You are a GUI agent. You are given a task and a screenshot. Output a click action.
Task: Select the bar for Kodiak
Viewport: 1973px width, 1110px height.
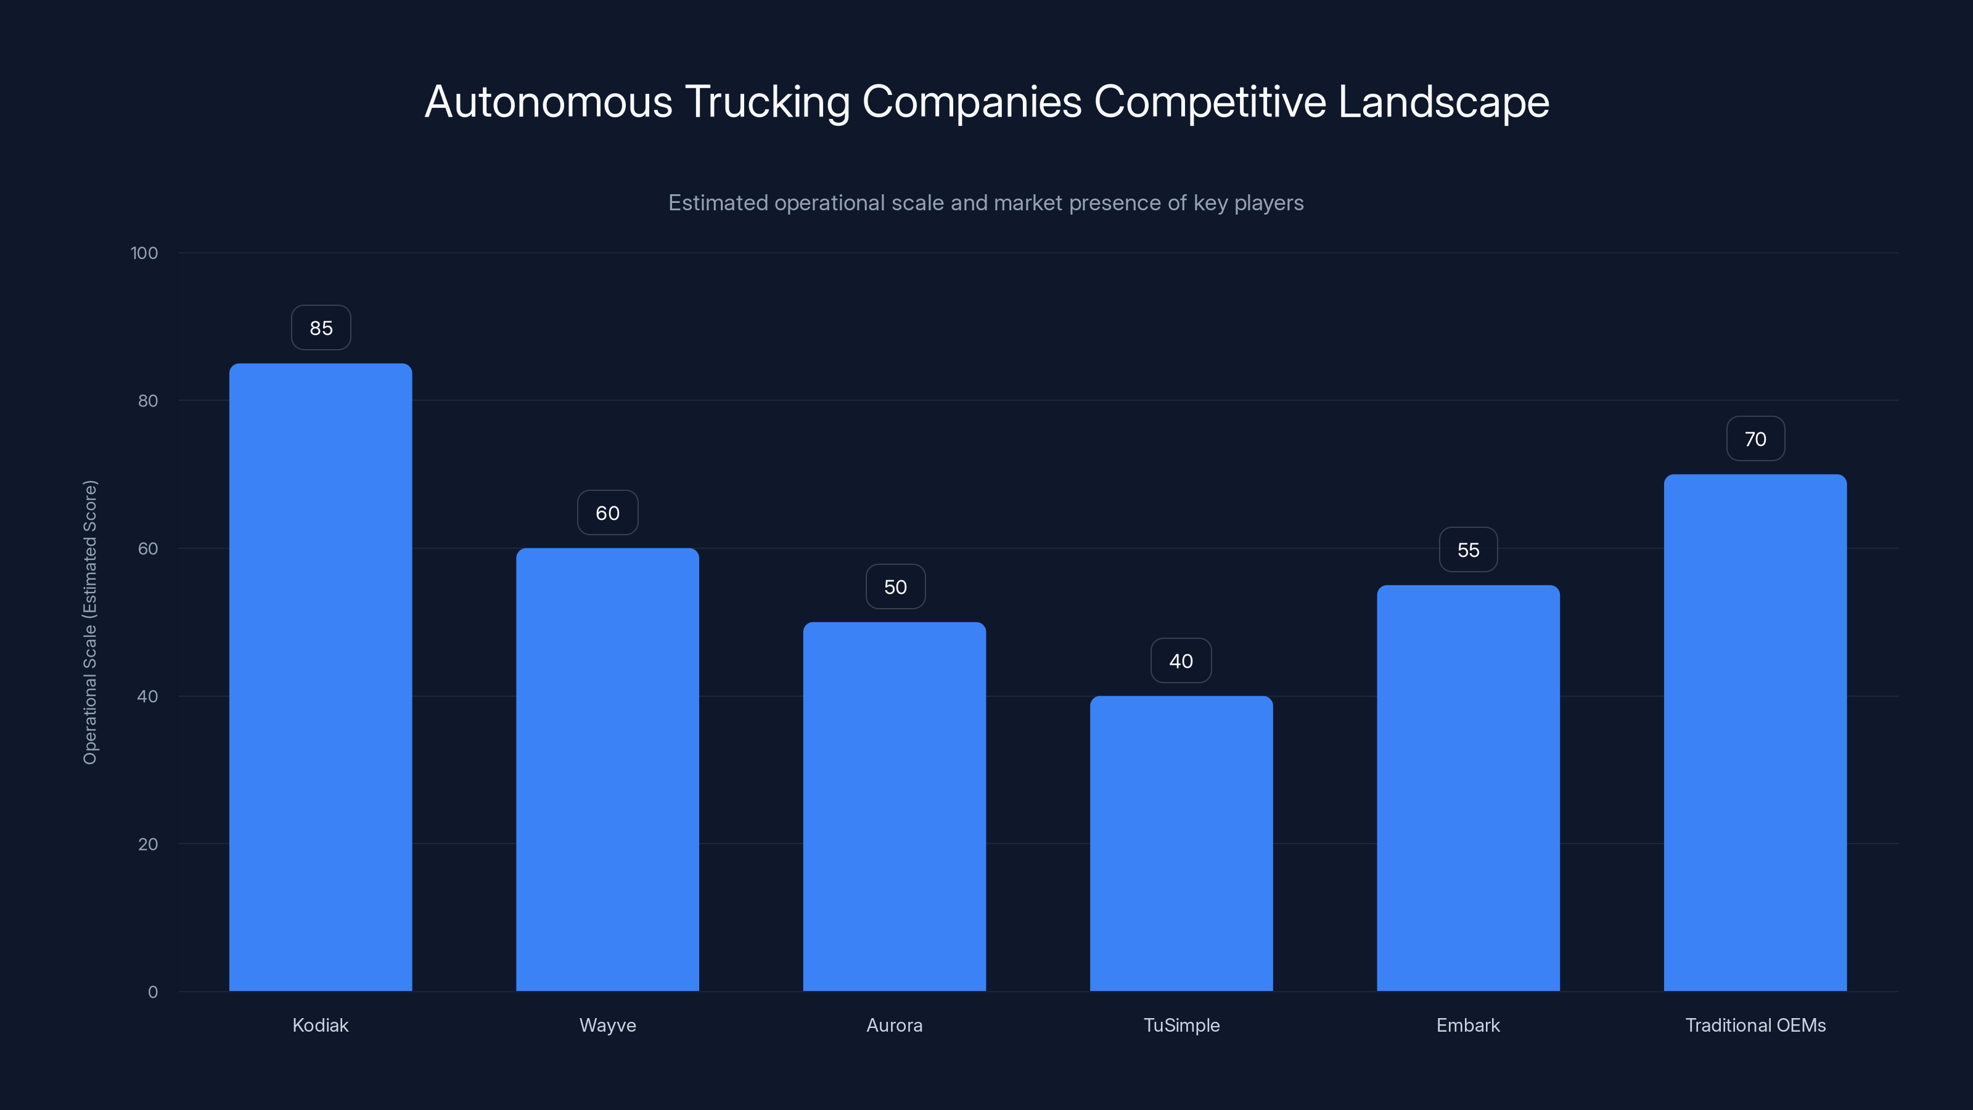coord(320,677)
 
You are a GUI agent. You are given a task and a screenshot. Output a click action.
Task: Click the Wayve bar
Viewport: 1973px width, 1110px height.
coord(607,769)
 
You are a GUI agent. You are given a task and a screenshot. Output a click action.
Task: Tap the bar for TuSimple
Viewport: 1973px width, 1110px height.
coord(1181,842)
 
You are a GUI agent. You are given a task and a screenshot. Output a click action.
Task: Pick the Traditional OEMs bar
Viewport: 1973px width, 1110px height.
coord(1755,733)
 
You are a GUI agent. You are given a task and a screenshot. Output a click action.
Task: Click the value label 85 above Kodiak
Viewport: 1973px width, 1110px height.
coord(321,328)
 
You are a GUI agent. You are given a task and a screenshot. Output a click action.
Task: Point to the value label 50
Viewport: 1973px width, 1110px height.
coord(895,587)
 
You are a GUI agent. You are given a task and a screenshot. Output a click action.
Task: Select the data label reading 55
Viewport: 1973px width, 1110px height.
coord(1467,550)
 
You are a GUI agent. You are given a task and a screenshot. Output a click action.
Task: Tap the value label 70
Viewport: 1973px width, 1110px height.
coord(1755,439)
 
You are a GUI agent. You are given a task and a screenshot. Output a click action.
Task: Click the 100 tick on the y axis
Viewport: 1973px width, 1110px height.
coord(144,253)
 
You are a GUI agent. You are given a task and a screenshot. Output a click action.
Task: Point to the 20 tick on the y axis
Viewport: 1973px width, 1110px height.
coord(148,844)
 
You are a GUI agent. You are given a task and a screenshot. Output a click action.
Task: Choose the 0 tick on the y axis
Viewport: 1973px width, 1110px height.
coord(152,992)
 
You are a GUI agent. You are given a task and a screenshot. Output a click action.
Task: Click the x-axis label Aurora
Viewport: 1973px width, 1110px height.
coord(894,1025)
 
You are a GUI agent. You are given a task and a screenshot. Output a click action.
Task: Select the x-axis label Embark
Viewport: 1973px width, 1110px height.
coord(1467,1025)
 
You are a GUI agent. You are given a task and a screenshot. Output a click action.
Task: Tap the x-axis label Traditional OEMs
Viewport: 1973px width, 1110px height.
coord(1755,1025)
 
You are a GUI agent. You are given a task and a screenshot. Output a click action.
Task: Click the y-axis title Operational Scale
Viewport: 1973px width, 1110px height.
coord(91,622)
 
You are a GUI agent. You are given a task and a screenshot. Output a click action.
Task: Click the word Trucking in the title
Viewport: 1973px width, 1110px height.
coord(766,102)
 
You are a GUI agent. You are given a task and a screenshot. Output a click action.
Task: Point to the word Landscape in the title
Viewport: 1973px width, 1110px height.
coord(1443,102)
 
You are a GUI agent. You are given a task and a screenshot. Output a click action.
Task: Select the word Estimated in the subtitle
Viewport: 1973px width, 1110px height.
coord(718,203)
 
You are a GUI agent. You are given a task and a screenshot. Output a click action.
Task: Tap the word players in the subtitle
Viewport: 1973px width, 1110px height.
coord(1268,203)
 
